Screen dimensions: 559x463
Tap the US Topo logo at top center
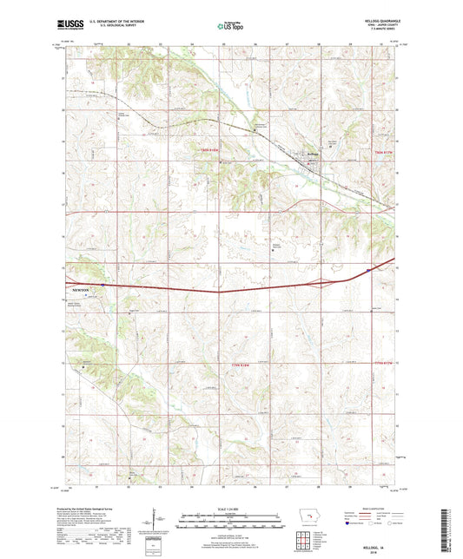point(231,26)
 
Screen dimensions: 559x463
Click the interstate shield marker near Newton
point(103,283)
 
